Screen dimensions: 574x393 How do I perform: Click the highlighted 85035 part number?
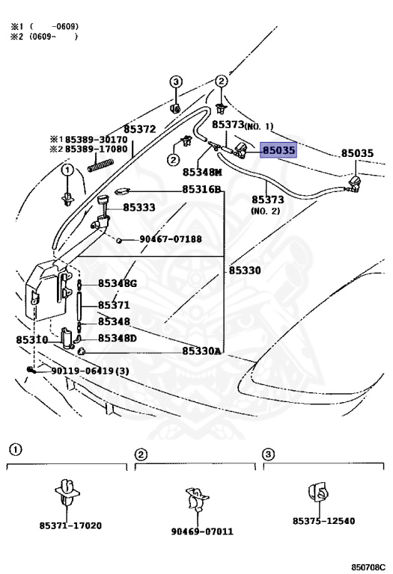pyautogui.click(x=278, y=151)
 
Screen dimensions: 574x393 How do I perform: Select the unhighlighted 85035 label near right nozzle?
pyautogui.click(x=357, y=153)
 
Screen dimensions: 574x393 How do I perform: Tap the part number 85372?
pyautogui.click(x=139, y=129)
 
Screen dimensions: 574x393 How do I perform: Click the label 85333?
pyautogui.click(x=139, y=207)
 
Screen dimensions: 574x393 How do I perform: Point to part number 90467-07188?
pyautogui.click(x=170, y=239)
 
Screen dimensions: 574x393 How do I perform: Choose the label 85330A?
pyautogui.click(x=202, y=351)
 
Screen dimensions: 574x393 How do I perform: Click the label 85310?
pyautogui.click(x=31, y=339)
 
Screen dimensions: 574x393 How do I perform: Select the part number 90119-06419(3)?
pyautogui.click(x=90, y=371)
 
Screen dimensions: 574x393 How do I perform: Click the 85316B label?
pyautogui.click(x=202, y=189)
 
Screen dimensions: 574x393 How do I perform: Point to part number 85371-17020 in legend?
pyautogui.click(x=70, y=525)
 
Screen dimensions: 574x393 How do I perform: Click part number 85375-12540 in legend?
pyautogui.click(x=323, y=520)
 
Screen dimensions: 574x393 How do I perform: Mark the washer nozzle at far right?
pyautogui.click(x=356, y=183)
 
